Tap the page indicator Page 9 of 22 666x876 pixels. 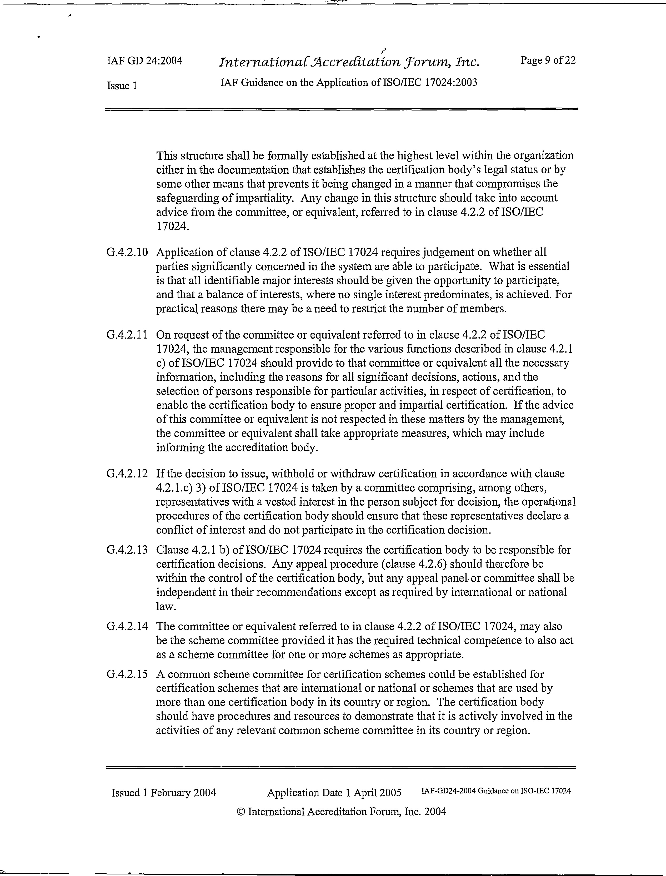548,60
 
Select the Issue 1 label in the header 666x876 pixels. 122,85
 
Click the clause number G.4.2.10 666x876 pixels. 127,252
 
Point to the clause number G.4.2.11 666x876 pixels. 127,335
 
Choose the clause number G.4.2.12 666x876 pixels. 127,474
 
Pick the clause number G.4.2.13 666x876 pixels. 127,550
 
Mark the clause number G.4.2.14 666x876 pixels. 127,626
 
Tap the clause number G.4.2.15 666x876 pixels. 127,674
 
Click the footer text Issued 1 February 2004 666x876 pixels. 164,792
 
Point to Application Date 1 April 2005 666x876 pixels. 334,792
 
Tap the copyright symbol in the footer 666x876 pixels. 241,812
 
